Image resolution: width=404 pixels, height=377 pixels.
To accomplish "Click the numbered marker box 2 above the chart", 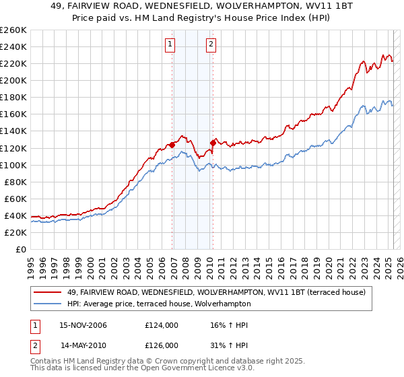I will (x=211, y=45).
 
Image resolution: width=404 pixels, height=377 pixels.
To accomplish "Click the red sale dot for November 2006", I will (x=172, y=144).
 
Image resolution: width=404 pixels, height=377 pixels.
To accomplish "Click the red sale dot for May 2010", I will (x=213, y=142).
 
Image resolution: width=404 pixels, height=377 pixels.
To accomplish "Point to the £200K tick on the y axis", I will (x=15, y=80).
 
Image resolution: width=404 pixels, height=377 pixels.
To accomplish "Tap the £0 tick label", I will (x=21, y=249).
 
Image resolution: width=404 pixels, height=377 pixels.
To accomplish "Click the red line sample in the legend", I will (x=48, y=292).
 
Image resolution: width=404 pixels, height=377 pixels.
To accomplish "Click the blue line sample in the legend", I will (x=48, y=304).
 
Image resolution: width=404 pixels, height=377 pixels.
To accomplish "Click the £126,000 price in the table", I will (x=162, y=345).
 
